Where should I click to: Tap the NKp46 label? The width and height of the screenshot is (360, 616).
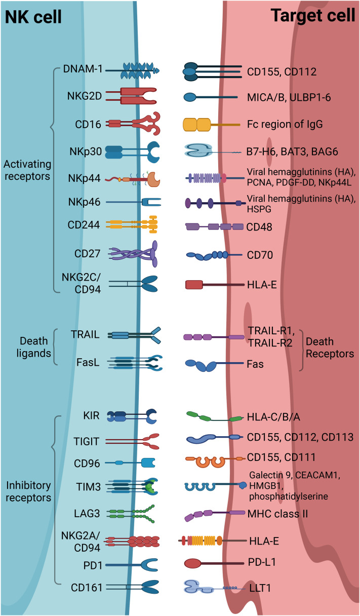87,202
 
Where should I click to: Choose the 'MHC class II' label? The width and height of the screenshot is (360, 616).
277,513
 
